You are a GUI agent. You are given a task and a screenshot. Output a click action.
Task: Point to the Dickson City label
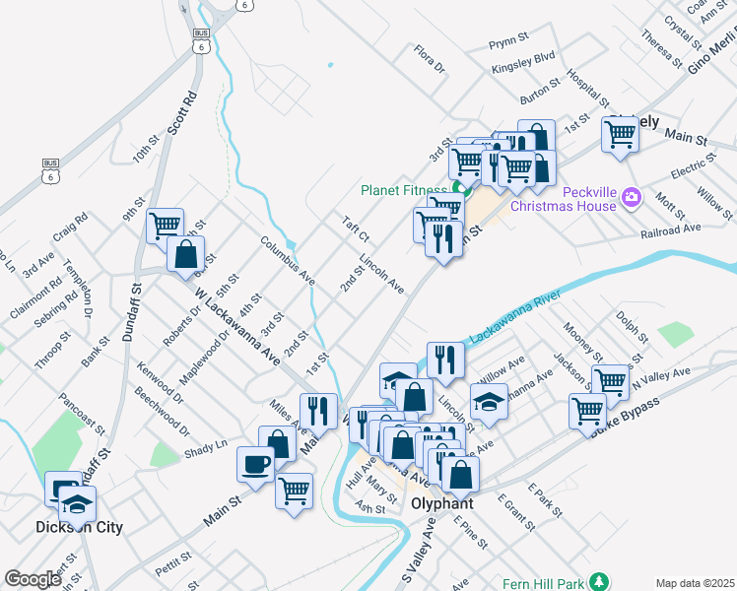pos(79,527)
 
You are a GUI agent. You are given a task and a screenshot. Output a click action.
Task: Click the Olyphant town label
pos(441,503)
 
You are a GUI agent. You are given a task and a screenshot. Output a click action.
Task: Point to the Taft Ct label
pos(355,230)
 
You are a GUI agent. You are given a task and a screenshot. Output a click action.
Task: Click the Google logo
pos(33,579)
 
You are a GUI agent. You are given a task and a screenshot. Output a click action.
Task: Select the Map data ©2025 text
pos(695,583)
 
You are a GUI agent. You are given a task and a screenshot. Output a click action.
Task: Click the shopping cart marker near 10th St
pos(166,226)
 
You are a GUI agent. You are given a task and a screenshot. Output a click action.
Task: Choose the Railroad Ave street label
pos(669,228)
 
